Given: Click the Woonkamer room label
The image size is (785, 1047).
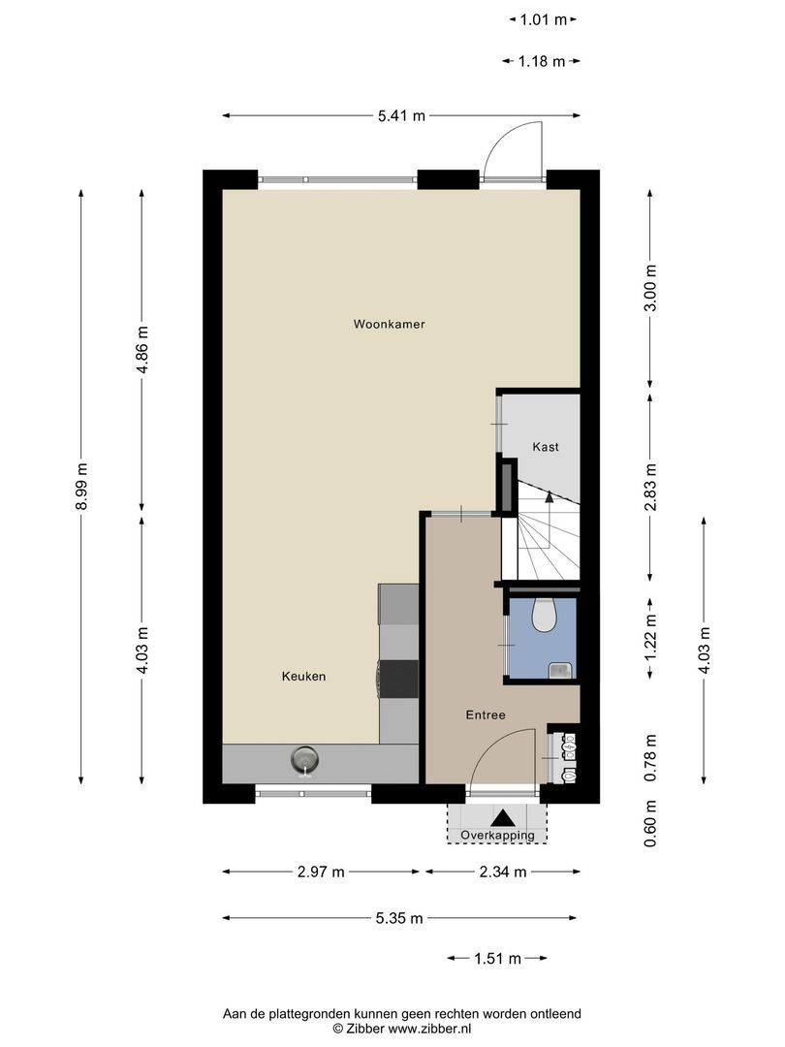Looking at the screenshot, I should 389,325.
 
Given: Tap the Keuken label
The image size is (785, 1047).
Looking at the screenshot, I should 303,677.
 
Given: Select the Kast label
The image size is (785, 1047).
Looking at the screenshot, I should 546,447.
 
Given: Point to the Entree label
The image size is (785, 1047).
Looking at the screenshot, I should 486,715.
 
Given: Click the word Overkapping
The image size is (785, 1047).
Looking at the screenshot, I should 497,835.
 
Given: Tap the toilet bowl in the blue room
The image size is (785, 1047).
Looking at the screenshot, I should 544,614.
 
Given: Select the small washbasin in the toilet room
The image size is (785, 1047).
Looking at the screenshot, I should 560,668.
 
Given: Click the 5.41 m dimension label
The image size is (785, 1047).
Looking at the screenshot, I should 401,116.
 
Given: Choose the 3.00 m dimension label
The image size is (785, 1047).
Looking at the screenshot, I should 650,288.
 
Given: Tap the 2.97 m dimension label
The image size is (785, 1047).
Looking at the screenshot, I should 321,872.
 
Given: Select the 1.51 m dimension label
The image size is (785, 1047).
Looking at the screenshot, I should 497,959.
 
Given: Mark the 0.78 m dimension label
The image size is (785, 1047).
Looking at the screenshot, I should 650,757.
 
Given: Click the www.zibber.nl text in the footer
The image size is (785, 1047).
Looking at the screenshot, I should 430,1028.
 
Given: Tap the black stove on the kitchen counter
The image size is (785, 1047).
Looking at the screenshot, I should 398,678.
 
